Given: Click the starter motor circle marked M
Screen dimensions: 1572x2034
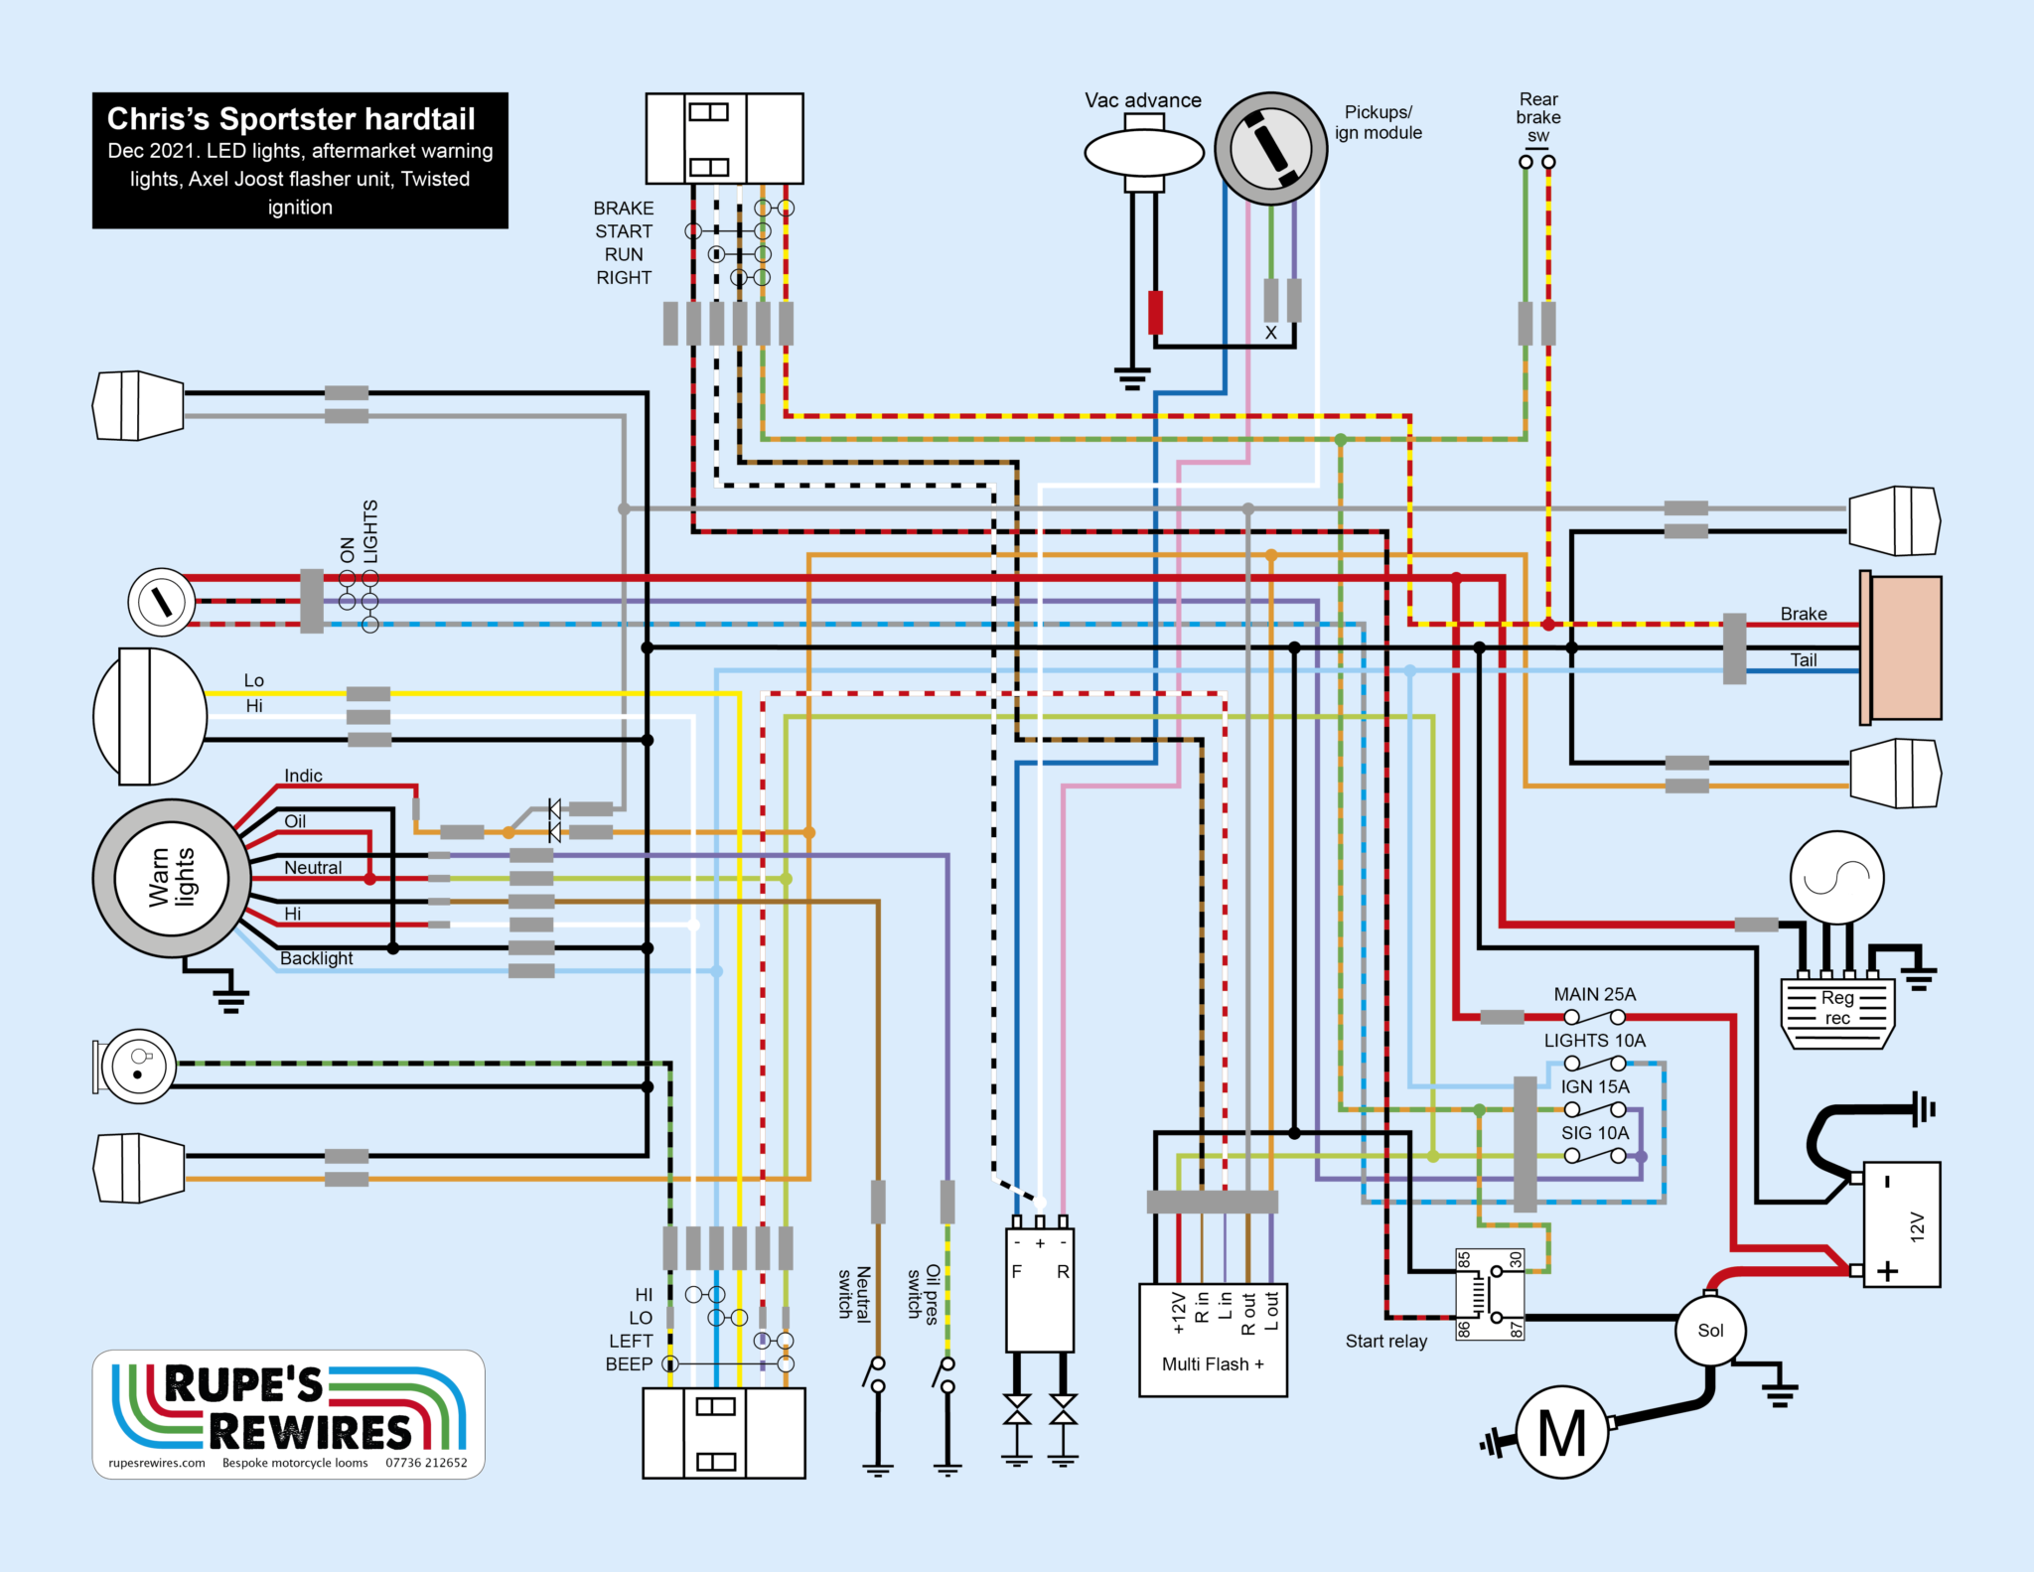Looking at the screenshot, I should coord(1561,1433).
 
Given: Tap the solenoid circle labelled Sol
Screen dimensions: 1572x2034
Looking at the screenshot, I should coord(1709,1331).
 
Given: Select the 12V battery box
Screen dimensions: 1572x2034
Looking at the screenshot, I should coord(1901,1224).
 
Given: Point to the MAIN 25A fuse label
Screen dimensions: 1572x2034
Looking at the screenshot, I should coord(1594,994).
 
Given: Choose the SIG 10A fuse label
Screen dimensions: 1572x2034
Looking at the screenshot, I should coord(1594,1133).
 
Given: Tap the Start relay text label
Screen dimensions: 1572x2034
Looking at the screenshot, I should coord(1385,1342).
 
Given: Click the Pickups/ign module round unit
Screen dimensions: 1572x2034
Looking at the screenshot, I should coord(1270,149).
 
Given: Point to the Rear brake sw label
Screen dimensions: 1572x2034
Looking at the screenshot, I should coord(1537,117).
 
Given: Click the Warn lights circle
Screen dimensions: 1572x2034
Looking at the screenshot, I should coord(172,878).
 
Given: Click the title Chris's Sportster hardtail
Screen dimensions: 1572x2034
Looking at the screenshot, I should coord(291,119).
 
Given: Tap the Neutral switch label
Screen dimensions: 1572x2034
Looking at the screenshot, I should coord(854,1292).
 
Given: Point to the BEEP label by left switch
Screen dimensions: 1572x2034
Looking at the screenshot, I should coord(629,1364).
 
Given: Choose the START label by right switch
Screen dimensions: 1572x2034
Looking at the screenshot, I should coord(624,231).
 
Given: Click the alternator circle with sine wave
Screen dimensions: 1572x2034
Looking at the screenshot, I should coord(1836,878).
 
